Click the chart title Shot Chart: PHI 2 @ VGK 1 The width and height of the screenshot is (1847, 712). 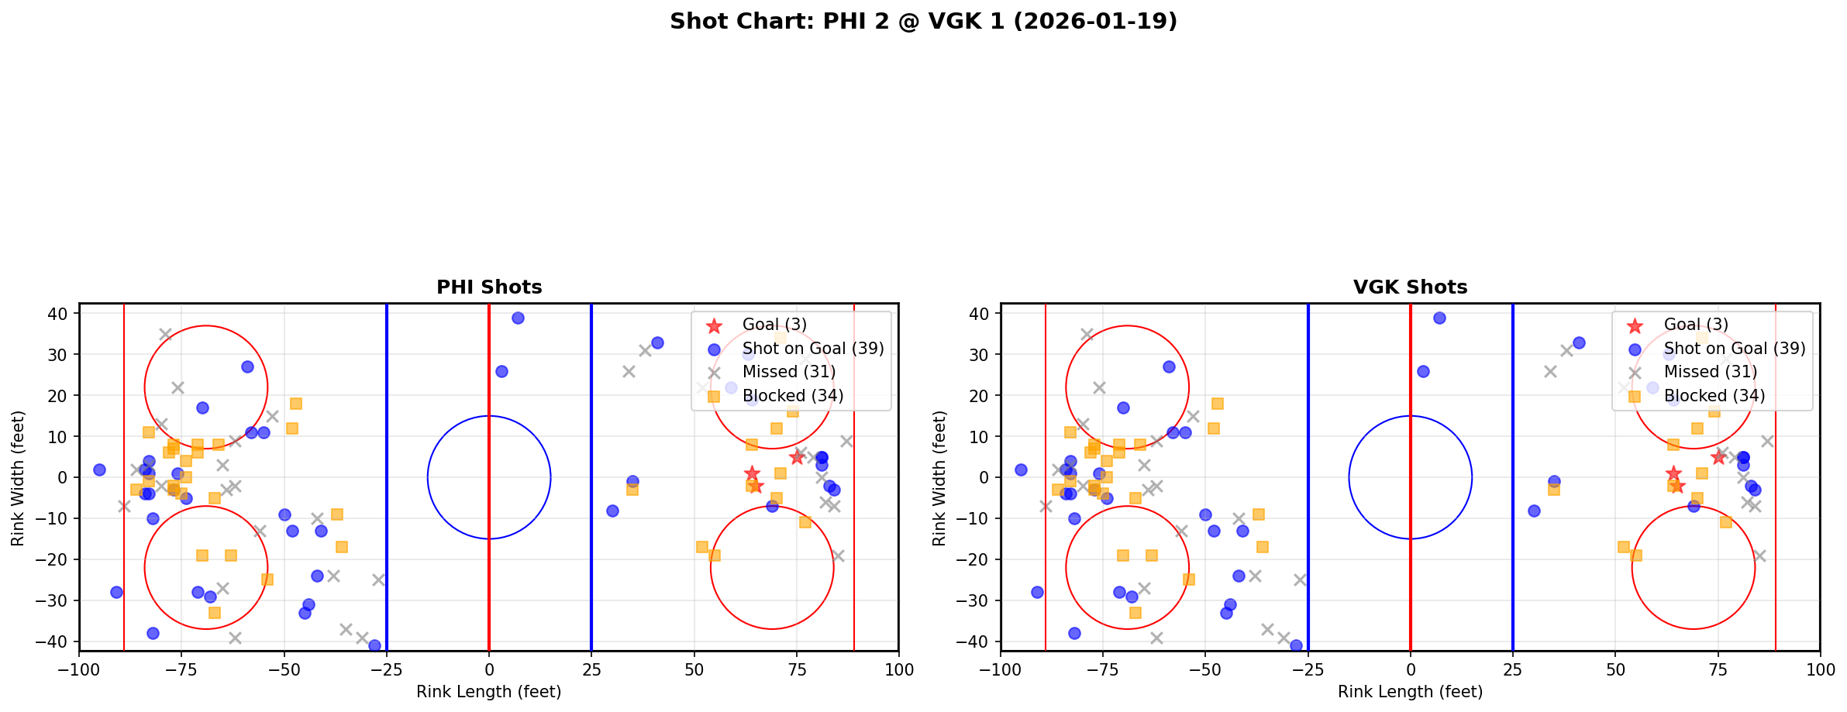(923, 22)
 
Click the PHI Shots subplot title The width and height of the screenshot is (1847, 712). (489, 287)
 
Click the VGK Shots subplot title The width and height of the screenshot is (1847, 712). (1410, 287)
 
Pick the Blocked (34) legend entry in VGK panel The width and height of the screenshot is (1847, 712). (1714, 396)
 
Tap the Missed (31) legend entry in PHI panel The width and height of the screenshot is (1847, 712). (788, 372)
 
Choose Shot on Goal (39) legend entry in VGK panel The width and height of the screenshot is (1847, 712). (1734, 349)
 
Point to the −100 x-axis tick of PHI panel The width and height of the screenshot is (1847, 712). (79, 669)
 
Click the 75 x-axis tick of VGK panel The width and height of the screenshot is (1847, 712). (1718, 669)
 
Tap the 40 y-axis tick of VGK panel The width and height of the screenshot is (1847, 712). (980, 314)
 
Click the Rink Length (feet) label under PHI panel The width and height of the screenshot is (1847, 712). (488, 692)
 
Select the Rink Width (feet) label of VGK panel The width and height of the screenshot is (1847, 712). (939, 478)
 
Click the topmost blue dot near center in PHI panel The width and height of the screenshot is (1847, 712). (518, 318)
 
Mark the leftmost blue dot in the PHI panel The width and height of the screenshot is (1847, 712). (99, 470)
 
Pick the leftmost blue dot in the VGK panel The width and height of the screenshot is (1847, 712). (1021, 470)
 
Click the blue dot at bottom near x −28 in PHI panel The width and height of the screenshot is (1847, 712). (374, 645)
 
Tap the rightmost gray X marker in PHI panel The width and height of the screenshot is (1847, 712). (846, 441)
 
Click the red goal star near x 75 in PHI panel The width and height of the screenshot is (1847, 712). (797, 457)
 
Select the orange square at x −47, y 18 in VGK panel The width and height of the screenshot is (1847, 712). (1218, 404)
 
